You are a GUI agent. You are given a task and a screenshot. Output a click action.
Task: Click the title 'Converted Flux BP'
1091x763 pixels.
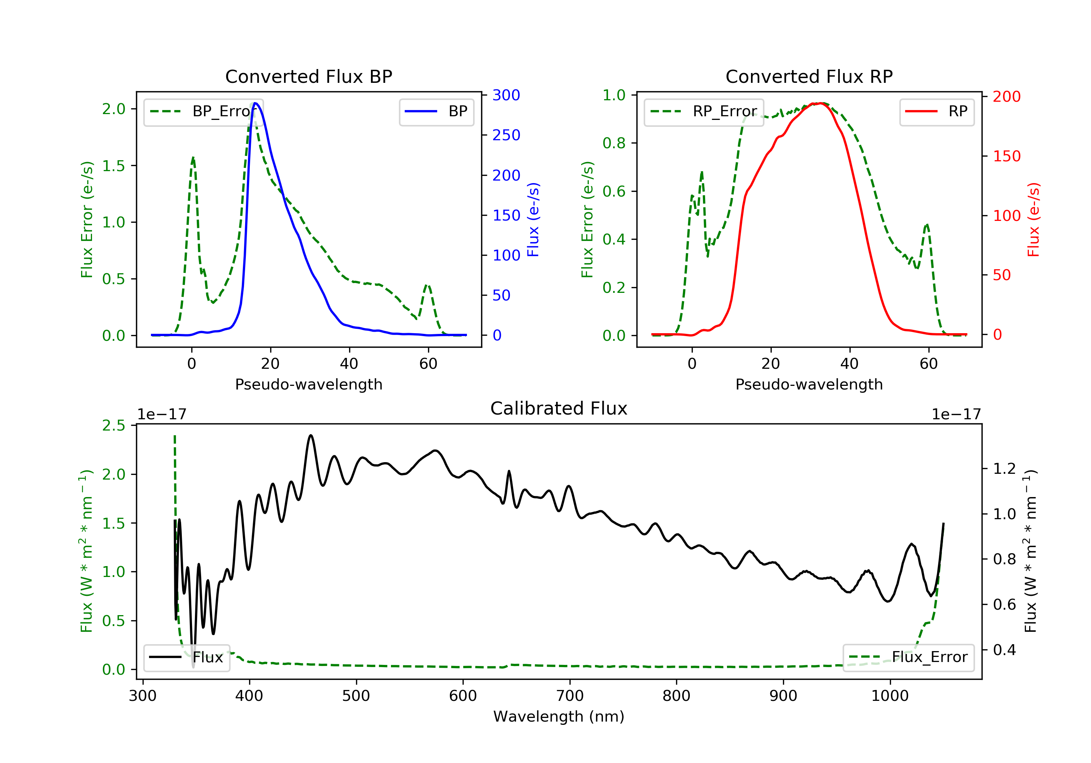[x=309, y=76]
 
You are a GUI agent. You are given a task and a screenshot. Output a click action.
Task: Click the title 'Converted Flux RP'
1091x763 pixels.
[x=809, y=76]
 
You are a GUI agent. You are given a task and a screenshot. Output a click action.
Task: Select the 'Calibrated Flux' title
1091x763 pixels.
[x=559, y=408]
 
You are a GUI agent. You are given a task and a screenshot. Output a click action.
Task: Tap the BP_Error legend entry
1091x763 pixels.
[x=203, y=112]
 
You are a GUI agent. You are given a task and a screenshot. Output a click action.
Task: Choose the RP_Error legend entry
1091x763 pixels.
[x=704, y=112]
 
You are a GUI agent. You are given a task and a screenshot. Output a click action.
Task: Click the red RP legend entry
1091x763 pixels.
[x=936, y=112]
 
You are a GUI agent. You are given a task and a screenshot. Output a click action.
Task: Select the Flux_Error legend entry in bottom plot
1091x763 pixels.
[x=908, y=657]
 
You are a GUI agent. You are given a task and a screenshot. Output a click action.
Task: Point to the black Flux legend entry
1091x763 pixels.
[x=186, y=657]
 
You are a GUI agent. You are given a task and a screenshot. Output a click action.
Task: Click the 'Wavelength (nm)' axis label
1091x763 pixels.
[x=559, y=716]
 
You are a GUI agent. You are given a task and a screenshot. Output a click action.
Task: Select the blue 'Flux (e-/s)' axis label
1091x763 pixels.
[x=533, y=220]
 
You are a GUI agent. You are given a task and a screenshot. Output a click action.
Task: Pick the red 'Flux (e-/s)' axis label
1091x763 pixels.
[x=1034, y=220]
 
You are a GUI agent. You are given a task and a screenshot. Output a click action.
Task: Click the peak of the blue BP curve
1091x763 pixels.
[x=256, y=103]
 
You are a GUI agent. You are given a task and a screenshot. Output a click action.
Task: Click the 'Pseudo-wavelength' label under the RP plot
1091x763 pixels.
[x=809, y=384]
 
